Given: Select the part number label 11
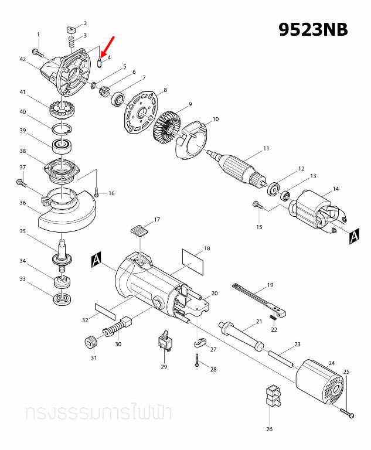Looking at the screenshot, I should click(266, 149).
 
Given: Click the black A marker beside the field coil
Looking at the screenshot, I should click(353, 236).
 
